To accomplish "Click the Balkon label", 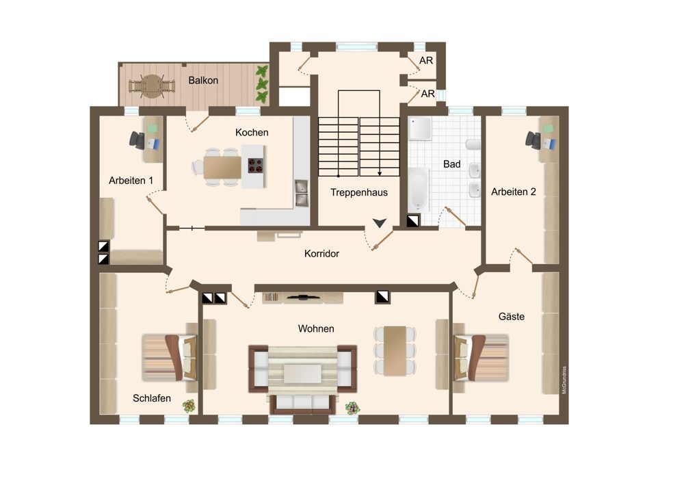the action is click(203, 80).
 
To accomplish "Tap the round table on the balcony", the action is click(151, 86).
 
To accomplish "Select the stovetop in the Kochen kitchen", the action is click(256, 166).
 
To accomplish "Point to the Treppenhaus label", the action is click(358, 192).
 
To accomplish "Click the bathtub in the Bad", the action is click(419, 190).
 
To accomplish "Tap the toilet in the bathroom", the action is click(473, 144).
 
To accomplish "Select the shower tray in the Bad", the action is click(420, 129).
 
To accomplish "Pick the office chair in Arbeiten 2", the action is click(534, 140).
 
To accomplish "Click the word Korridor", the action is click(321, 254).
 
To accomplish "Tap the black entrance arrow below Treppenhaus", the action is click(380, 223).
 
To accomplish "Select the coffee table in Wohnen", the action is click(302, 374).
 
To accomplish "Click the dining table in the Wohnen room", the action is click(395, 350).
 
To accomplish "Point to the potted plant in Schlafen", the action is click(189, 406).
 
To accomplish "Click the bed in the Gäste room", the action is click(481, 358).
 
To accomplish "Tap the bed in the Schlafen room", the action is click(170, 358).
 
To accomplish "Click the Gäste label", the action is click(511, 316).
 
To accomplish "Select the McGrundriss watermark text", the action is click(564, 380).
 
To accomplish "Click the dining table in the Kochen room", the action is click(222, 168).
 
